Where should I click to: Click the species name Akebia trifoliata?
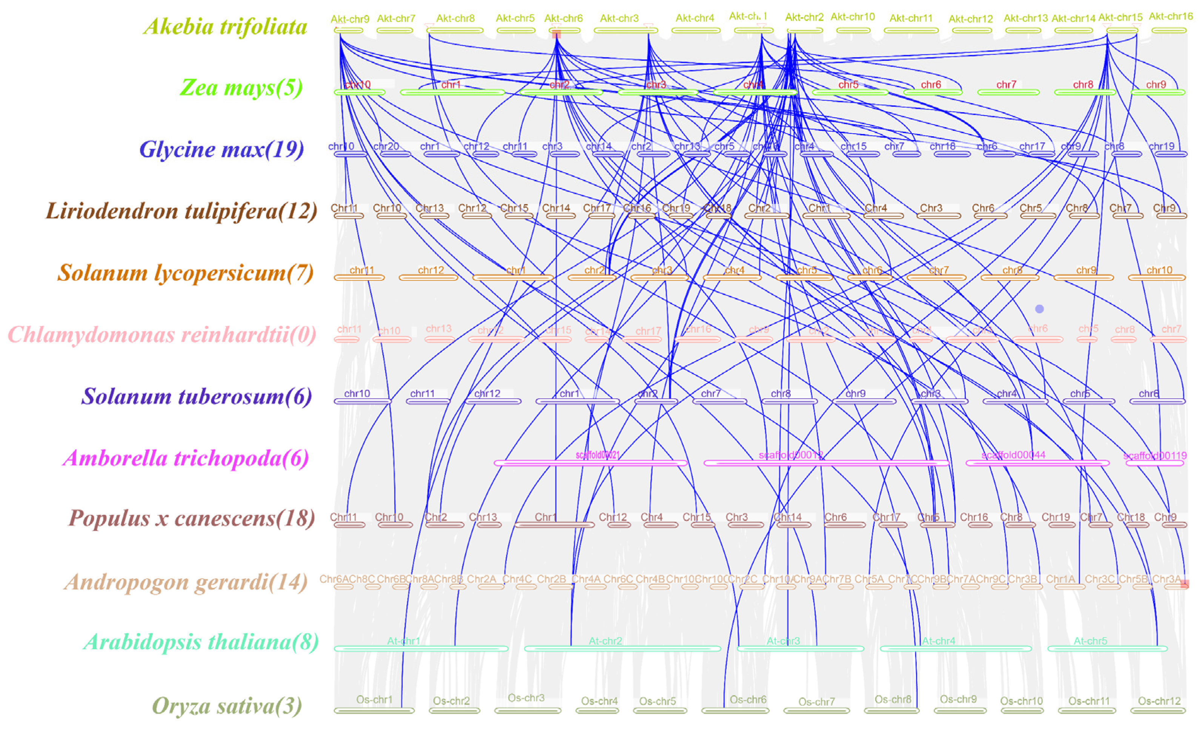tap(225, 26)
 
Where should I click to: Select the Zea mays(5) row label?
tap(241, 88)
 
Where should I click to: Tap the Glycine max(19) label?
tap(222, 149)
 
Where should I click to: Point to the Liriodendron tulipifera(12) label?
tap(181, 211)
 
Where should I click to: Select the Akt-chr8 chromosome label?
tap(455, 18)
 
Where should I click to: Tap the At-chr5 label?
tap(1090, 641)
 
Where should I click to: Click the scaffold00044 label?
tap(1013, 455)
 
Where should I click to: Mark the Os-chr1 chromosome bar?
tap(374, 711)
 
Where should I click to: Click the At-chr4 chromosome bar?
tap(956, 649)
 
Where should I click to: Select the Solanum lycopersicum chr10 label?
tap(1159, 270)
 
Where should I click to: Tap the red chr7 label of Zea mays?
tap(1006, 85)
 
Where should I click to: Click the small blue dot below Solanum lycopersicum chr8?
tap(1039, 309)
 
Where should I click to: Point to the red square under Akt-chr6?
tap(556, 35)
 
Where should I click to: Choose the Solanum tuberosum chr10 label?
tap(357, 393)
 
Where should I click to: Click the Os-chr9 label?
tap(958, 699)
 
